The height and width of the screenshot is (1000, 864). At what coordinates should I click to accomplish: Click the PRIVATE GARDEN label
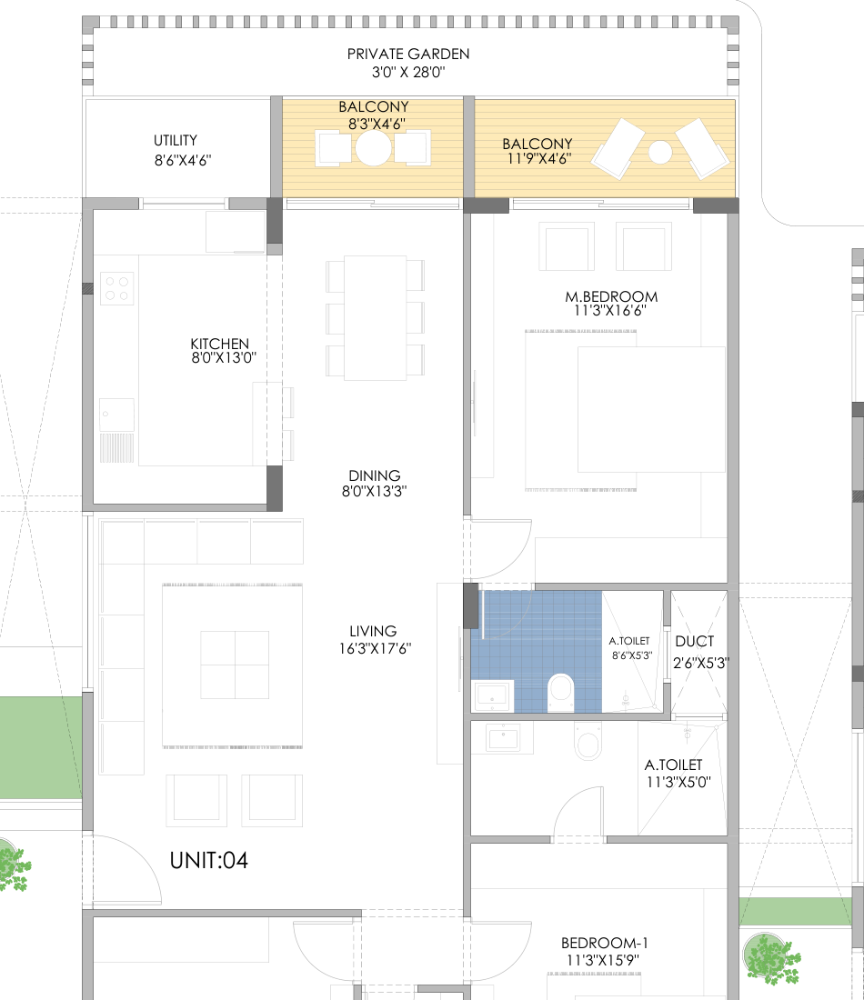coord(408,55)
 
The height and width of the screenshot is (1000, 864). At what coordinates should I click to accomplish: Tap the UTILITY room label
coord(176,140)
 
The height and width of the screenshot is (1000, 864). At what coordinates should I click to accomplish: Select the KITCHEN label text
coord(219,344)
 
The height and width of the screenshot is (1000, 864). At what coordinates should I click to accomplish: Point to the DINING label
coord(375,475)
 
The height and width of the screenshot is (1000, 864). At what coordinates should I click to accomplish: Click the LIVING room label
coord(373,632)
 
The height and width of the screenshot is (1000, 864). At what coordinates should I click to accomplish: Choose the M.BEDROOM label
coord(611,296)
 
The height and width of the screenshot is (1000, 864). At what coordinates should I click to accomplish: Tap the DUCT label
coord(695,642)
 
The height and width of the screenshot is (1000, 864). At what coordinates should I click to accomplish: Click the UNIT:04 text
coord(208,860)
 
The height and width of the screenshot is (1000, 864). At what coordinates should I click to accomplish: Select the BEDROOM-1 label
coord(604,943)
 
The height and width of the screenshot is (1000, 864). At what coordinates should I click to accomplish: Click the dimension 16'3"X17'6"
coord(376,648)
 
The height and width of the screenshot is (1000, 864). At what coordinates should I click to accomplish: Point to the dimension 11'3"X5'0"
coord(678,782)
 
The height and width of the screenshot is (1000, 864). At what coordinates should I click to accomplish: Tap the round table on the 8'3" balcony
coord(373,148)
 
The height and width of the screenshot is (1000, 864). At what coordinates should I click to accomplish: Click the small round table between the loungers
coord(660,153)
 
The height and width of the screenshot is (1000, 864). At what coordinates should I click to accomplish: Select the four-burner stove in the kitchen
coord(116,288)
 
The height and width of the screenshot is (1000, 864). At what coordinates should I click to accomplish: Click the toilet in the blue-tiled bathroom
coord(561,691)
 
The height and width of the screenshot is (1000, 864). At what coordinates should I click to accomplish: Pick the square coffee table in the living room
coord(235,665)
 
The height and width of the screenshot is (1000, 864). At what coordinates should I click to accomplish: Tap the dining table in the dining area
coord(376,318)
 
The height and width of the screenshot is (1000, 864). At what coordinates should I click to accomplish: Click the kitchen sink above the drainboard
coord(116,415)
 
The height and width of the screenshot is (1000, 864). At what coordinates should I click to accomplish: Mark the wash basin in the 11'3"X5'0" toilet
coord(502,738)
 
